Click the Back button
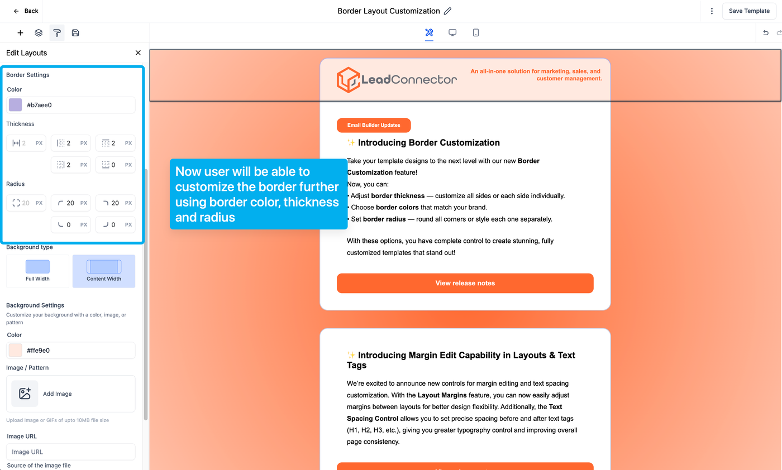[x=26, y=11]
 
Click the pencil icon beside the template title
[x=447, y=11]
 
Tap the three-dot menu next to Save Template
[x=712, y=11]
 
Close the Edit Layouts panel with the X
[x=138, y=53]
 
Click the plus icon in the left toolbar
[x=20, y=33]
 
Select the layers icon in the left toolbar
[x=39, y=33]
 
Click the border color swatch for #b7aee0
[x=16, y=105]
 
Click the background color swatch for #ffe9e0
[x=16, y=351]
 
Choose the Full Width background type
[x=37, y=271]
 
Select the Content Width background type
[x=104, y=271]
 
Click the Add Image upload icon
[x=25, y=394]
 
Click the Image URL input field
[x=71, y=452]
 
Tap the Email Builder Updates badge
[x=374, y=125]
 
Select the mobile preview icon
[x=476, y=33]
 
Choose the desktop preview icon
[x=452, y=33]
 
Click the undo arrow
[x=766, y=33]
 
